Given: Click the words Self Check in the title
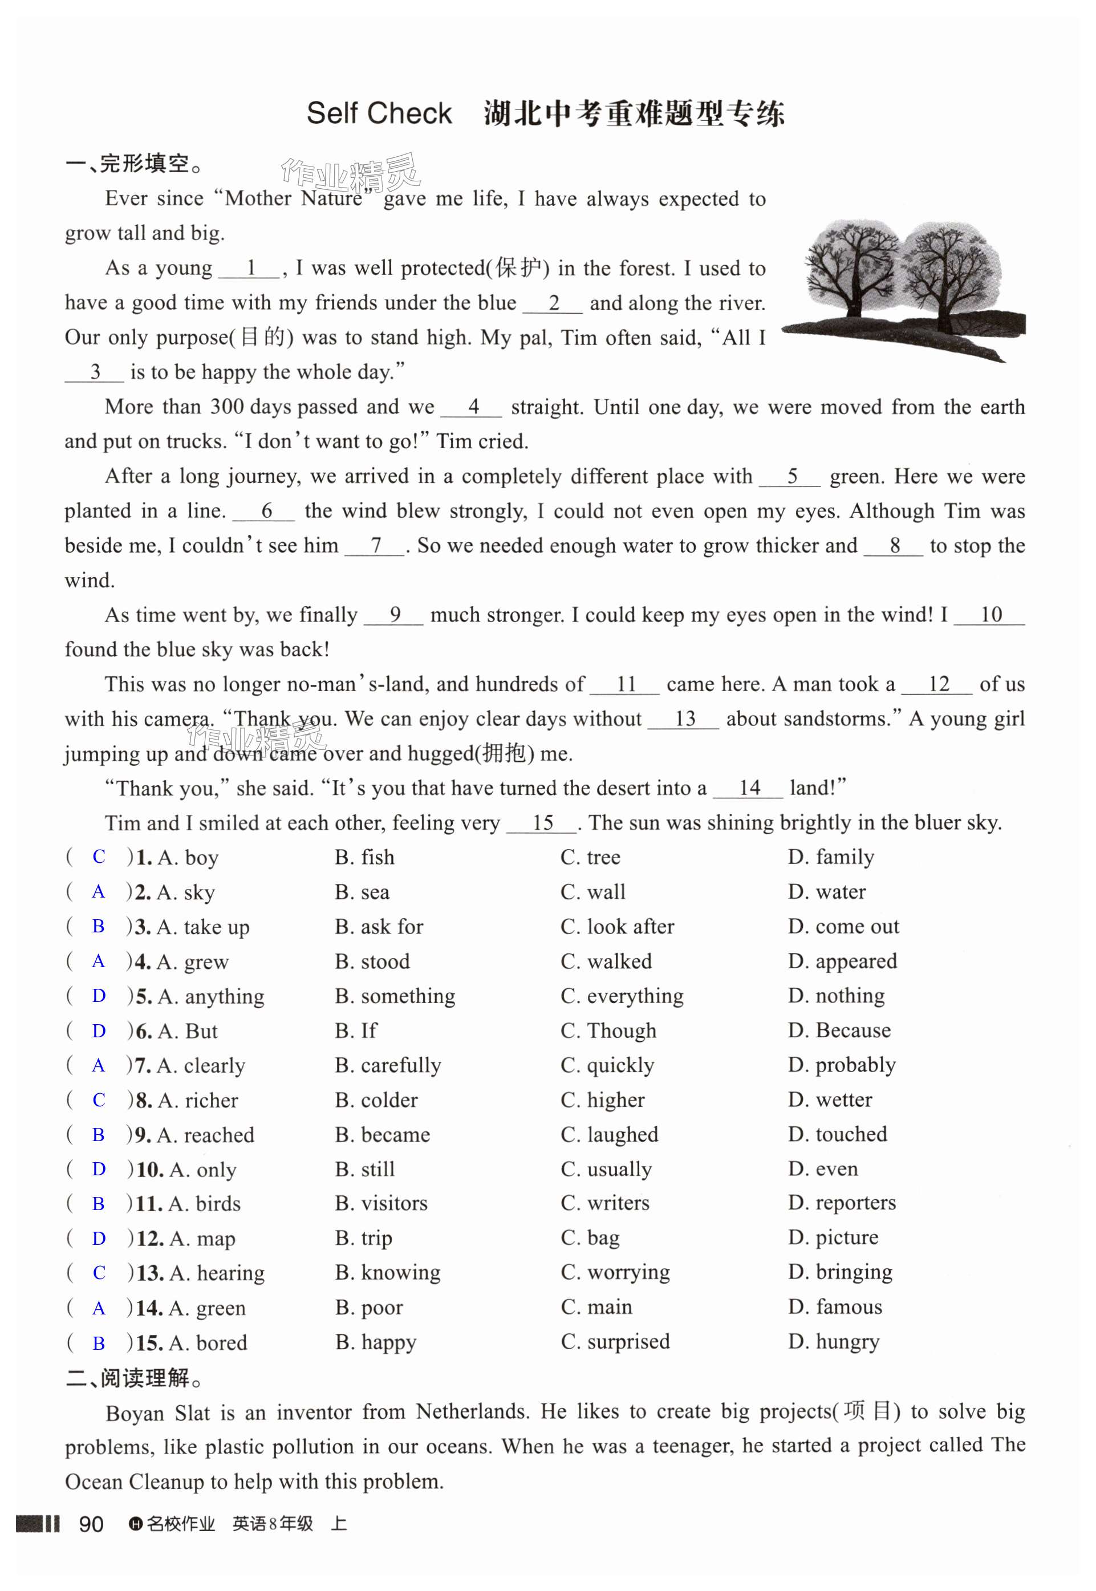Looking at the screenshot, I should pos(379,113).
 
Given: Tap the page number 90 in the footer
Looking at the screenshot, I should pos(91,1524).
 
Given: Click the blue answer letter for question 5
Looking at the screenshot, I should pos(99,995).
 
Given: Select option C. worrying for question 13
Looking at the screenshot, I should pos(615,1272).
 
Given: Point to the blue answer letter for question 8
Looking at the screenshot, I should pos(99,1099).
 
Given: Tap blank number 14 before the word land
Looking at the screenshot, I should pos(749,788).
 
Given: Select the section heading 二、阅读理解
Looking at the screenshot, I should pos(134,1378).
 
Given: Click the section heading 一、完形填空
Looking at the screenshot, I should pos(134,164).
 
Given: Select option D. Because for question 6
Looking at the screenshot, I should pos(839,1030).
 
